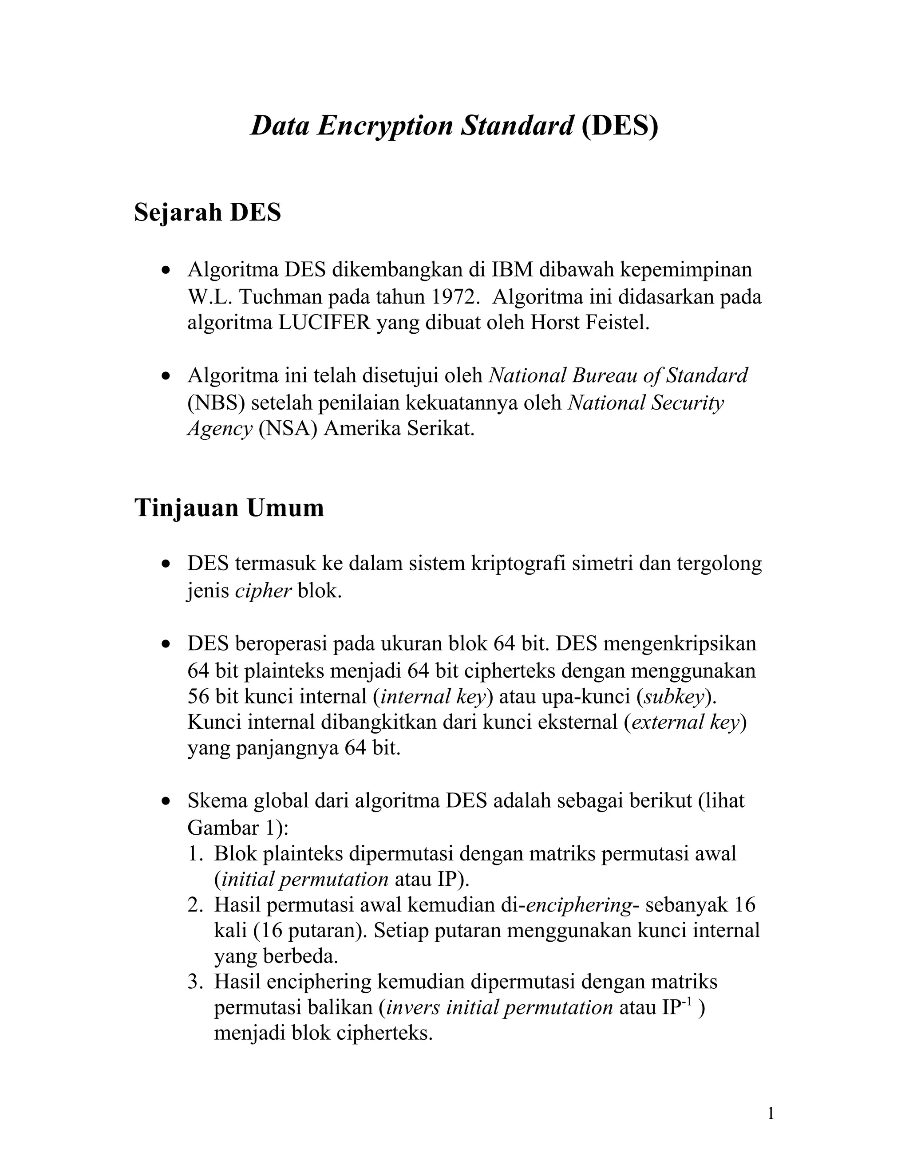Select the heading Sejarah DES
pyautogui.click(x=207, y=212)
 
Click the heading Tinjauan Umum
pyautogui.click(x=229, y=508)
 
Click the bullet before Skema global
pyautogui.click(x=167, y=802)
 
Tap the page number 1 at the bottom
pyautogui.click(x=771, y=1113)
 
